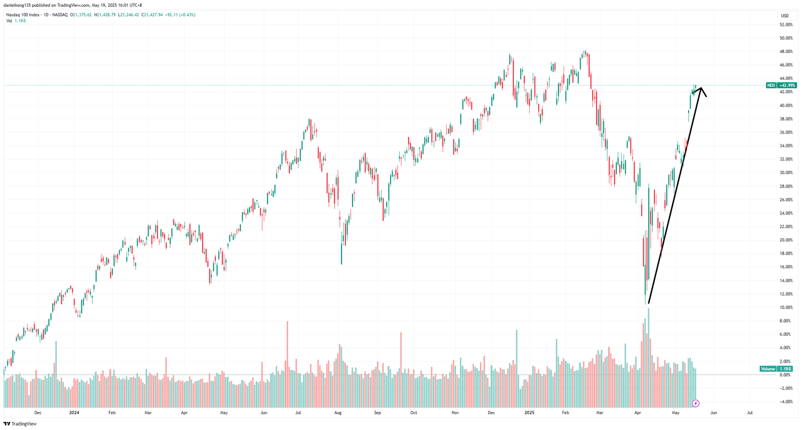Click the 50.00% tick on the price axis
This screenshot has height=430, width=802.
click(x=785, y=38)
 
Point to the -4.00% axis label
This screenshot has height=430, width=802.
click(x=785, y=402)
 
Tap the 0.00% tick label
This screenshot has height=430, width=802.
click(x=785, y=375)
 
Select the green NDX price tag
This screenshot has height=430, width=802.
click(x=781, y=85)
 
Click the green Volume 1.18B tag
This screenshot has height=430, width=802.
click(x=776, y=369)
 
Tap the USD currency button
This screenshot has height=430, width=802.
click(x=785, y=16)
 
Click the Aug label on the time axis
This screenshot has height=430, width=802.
click(x=338, y=412)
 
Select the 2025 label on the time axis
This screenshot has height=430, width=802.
click(x=529, y=412)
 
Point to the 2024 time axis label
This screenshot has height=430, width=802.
click(x=74, y=412)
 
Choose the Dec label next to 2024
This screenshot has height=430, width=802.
click(x=37, y=412)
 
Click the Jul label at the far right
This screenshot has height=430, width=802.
click(x=750, y=412)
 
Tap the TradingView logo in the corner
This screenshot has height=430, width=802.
click(x=20, y=424)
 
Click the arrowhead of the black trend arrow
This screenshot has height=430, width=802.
click(x=701, y=89)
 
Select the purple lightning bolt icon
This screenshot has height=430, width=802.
click(x=696, y=404)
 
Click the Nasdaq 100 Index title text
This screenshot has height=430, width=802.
click(x=25, y=15)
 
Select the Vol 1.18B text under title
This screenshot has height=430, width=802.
click(x=15, y=21)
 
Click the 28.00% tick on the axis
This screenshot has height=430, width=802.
click(x=785, y=186)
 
